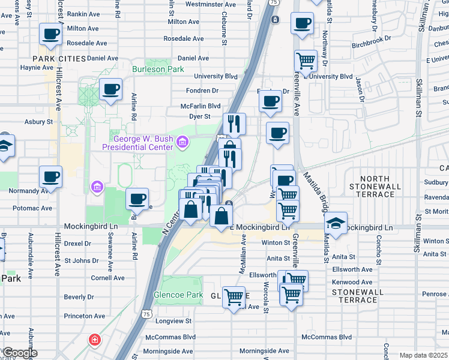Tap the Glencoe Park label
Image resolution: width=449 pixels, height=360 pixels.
pos(178,295)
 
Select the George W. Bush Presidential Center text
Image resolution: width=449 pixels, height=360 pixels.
pos(137,143)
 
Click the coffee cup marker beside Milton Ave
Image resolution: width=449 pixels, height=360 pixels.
pos(50,34)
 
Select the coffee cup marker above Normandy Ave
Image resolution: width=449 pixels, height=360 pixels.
pos(50,177)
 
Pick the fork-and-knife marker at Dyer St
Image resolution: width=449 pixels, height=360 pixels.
pos(234,123)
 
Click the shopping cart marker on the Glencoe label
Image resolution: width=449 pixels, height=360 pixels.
pos(234,296)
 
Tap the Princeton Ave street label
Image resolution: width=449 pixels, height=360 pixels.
pos(85,316)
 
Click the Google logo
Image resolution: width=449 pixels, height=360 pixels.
pos(19,353)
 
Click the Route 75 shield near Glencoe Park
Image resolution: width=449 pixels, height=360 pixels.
pos(146,313)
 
